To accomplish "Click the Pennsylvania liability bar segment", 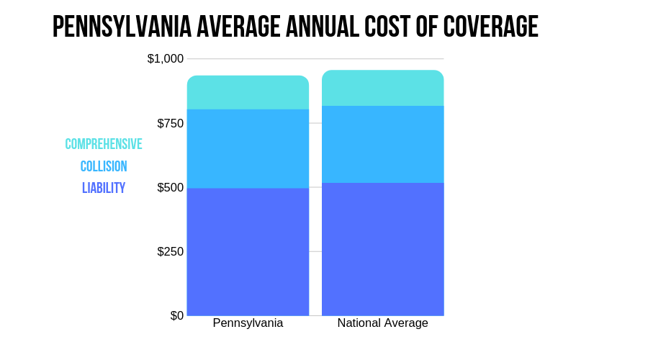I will [248, 251].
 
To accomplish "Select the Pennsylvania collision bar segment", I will [248, 148].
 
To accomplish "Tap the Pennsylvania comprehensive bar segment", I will [248, 93].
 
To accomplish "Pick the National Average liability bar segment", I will [382, 248].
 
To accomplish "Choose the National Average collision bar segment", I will [382, 144].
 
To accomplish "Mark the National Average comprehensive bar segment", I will [382, 89].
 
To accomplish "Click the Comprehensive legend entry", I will [104, 144].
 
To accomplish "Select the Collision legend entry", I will [104, 166].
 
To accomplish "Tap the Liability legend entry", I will [104, 188].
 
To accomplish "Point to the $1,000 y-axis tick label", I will [166, 58].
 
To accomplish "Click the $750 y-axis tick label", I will [170, 123].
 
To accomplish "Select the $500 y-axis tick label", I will [170, 187].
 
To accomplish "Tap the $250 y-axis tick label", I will [170, 251].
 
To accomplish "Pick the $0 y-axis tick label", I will [176, 315].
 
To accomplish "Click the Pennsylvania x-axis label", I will [248, 323].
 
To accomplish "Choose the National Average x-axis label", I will [382, 323].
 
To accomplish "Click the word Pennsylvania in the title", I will [122, 27].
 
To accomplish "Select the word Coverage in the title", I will [490, 27].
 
